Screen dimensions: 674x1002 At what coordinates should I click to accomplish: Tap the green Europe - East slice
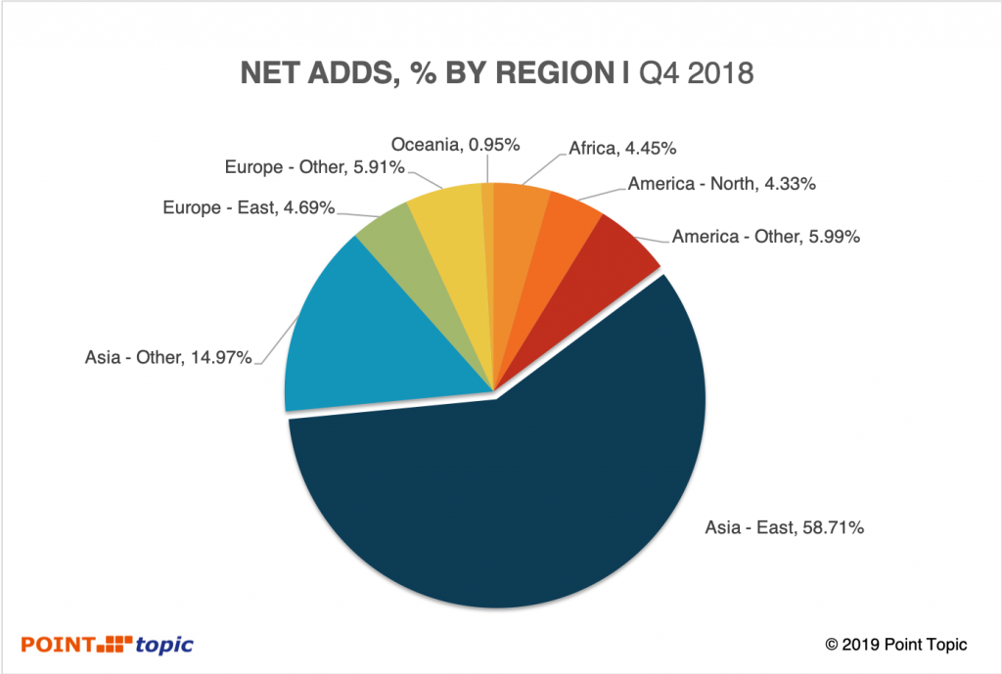pyautogui.click(x=387, y=240)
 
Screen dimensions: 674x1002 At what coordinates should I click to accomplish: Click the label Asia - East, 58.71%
pyautogui.click(x=784, y=528)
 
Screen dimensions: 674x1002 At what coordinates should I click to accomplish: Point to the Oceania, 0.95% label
pyautogui.click(x=455, y=145)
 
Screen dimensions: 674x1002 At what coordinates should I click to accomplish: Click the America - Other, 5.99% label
pyautogui.click(x=766, y=236)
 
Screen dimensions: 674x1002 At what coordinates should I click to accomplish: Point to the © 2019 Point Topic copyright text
pyautogui.click(x=896, y=645)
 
